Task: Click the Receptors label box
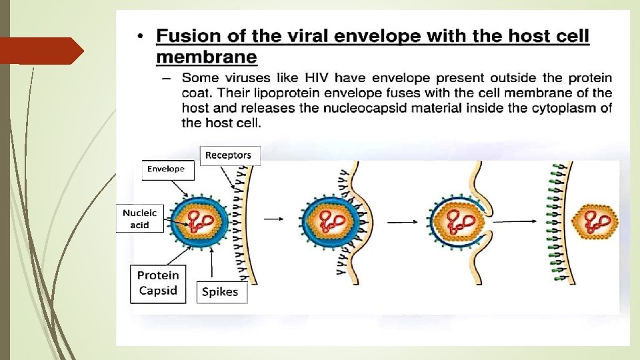click(x=228, y=155)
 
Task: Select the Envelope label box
click(x=166, y=169)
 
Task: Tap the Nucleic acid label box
click(x=140, y=219)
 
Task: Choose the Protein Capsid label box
click(x=158, y=283)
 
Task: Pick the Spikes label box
click(x=220, y=292)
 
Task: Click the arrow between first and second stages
click(x=273, y=217)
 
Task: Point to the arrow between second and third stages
click(x=401, y=221)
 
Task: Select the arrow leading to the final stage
click(x=518, y=221)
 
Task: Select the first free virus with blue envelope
click(x=199, y=221)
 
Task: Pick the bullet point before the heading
click(x=141, y=37)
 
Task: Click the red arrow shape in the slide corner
click(x=41, y=51)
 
